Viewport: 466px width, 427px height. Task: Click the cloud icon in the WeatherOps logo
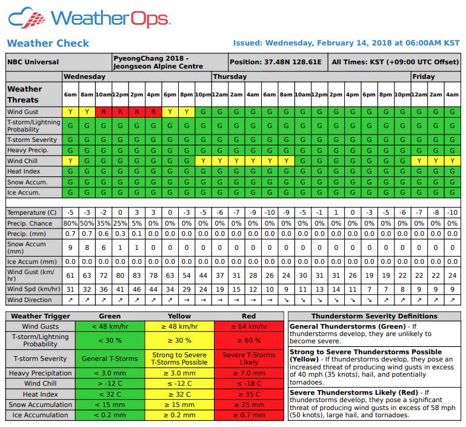pos(28,18)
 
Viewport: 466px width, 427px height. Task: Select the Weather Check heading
pos(48,43)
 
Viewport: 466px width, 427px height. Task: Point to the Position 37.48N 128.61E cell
pos(276,62)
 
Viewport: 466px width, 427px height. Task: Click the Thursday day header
pos(230,76)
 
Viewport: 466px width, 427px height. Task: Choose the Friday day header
pos(423,76)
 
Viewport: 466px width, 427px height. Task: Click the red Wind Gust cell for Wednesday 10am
pos(104,112)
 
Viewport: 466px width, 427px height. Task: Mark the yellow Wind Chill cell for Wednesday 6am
pos(70,161)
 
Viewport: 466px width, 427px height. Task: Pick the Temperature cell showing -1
pos(319,212)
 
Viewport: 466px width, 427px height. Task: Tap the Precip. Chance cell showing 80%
pos(70,223)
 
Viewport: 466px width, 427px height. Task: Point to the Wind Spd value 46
pos(137,289)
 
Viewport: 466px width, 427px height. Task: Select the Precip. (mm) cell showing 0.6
pos(104,234)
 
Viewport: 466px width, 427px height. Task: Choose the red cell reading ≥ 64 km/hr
pos(248,326)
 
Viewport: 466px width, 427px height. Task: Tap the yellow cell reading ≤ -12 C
pos(179,384)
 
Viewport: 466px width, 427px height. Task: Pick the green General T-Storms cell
pos(110,358)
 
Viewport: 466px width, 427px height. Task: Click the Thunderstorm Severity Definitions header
pos(374,316)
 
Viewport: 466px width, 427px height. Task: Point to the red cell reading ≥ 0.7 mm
pos(248,415)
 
